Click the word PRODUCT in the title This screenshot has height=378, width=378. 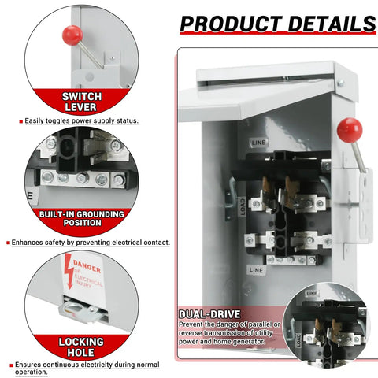231,24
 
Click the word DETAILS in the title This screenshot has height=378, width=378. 332,24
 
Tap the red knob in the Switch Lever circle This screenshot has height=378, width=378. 72,35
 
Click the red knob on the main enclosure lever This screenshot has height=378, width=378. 350,130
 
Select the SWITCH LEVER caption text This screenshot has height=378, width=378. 81,102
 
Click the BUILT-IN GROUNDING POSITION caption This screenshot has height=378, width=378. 82,218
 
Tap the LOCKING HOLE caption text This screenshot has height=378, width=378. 81,347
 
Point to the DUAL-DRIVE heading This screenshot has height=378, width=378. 209,314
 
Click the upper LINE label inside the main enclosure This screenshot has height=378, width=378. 258,143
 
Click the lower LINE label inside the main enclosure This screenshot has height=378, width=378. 256,270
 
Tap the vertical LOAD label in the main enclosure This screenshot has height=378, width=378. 243,207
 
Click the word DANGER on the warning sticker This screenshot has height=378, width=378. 87,266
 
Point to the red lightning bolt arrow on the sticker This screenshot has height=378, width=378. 69,272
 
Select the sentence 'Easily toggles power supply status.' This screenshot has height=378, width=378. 81,121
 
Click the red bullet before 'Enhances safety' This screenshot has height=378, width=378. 9,243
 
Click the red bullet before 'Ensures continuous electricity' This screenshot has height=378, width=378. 12,365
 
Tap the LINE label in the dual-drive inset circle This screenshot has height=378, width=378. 312,294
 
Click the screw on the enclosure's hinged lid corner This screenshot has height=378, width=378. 341,83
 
